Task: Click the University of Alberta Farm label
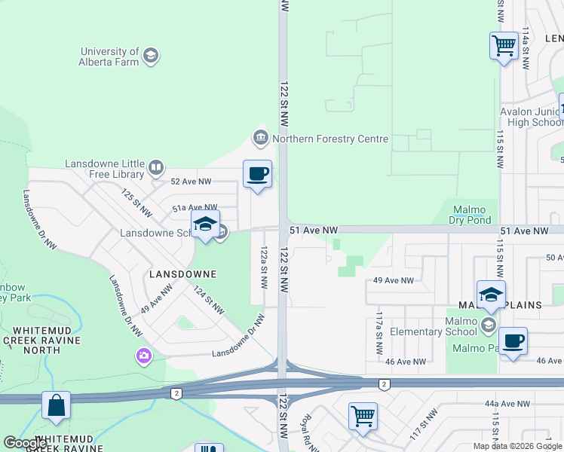(110, 56)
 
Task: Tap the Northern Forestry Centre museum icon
(260, 139)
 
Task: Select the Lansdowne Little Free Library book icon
(156, 167)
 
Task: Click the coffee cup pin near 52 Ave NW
(257, 175)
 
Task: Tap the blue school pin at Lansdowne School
(204, 225)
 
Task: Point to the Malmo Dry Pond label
(473, 215)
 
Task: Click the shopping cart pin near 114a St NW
(503, 47)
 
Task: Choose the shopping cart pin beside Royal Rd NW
(363, 416)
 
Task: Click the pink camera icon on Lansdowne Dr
(143, 355)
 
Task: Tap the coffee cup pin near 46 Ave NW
(513, 341)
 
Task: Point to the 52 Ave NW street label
(192, 182)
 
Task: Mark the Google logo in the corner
(25, 443)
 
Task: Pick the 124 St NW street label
(208, 299)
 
